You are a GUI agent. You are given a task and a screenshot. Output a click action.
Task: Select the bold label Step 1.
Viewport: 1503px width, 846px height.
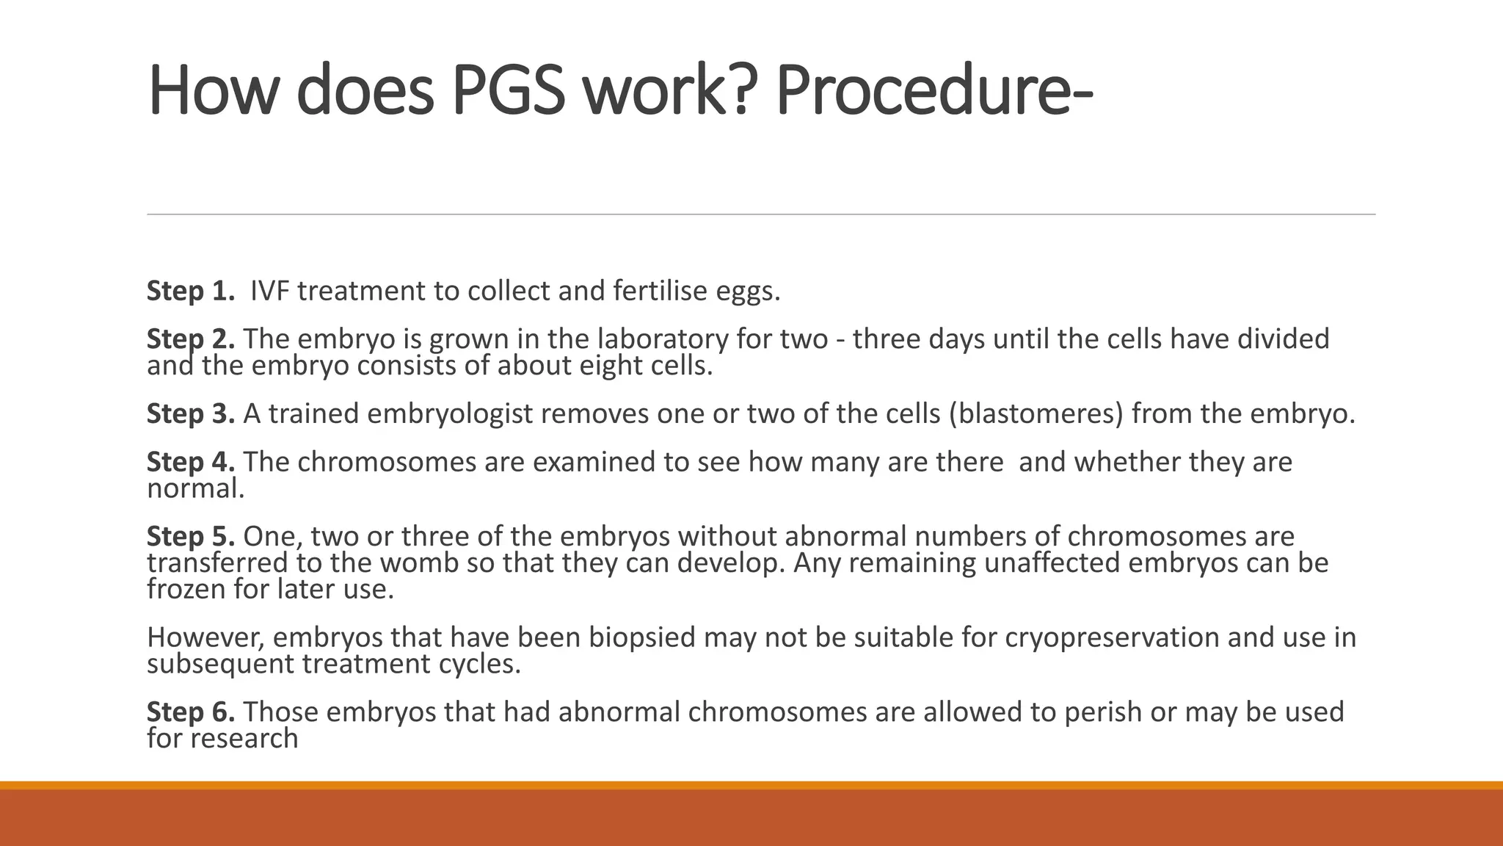click(x=191, y=292)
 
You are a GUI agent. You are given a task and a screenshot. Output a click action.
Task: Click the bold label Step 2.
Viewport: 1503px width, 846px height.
click(x=191, y=339)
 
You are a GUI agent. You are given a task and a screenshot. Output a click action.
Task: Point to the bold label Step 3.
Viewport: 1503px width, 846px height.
click(x=191, y=414)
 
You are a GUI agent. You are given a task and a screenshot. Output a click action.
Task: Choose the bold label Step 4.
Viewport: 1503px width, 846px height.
click(x=191, y=462)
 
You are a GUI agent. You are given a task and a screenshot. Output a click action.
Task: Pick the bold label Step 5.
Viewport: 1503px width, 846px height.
click(x=191, y=537)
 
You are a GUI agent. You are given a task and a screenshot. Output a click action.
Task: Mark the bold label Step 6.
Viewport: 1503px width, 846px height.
click(x=191, y=712)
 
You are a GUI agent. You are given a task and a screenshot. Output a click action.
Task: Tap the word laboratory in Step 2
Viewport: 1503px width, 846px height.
click(x=663, y=339)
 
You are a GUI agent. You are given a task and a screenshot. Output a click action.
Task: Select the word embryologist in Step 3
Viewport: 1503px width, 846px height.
click(x=450, y=414)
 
